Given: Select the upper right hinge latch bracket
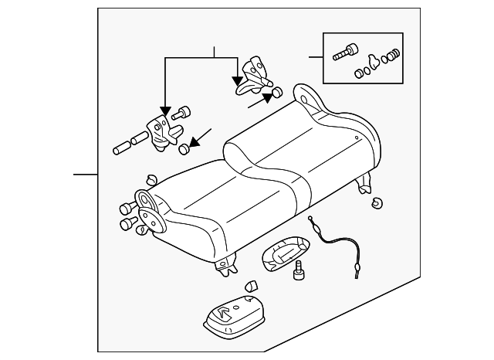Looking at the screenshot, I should coord(254,76).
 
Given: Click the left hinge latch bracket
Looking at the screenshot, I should coord(160,129).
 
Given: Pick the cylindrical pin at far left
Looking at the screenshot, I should coord(121,147).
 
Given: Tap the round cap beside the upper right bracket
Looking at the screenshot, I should coord(272,96).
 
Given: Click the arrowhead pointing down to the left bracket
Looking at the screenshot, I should coord(164,110).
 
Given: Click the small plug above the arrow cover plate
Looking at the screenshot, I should coord(250,287).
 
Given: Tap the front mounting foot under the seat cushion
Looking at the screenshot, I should coord(226,265).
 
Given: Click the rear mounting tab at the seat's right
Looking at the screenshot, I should coord(365,185).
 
